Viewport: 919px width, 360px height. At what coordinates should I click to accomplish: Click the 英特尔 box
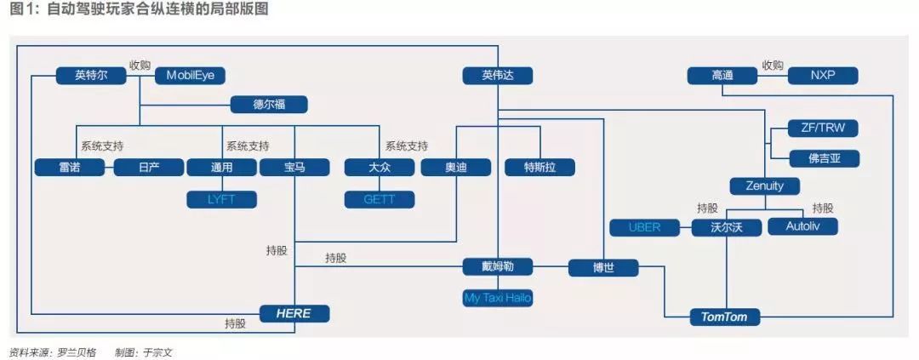(91, 76)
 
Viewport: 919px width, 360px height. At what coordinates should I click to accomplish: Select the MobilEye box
(190, 76)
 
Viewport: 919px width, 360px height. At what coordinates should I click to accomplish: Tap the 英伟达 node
(498, 76)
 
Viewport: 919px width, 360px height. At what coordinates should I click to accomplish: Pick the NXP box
(823, 76)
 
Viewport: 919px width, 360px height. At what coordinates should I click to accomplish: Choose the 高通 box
(722, 76)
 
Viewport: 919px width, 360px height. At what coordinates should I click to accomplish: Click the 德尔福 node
(269, 105)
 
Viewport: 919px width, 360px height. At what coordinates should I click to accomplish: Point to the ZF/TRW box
(823, 129)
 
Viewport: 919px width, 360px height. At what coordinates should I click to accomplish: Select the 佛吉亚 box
(823, 158)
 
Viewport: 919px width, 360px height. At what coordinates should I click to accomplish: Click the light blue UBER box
(644, 227)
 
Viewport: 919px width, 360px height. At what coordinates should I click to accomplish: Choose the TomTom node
(723, 317)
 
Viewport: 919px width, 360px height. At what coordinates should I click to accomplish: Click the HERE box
(294, 313)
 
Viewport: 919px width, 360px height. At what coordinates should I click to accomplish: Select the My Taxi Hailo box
(498, 298)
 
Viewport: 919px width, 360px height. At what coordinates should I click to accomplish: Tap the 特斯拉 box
(539, 167)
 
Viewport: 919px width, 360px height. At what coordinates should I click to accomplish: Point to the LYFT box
(221, 200)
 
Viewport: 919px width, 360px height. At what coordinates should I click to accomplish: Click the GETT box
(380, 200)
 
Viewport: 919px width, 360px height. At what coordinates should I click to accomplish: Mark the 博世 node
(603, 267)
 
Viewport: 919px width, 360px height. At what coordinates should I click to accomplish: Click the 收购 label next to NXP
(773, 66)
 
